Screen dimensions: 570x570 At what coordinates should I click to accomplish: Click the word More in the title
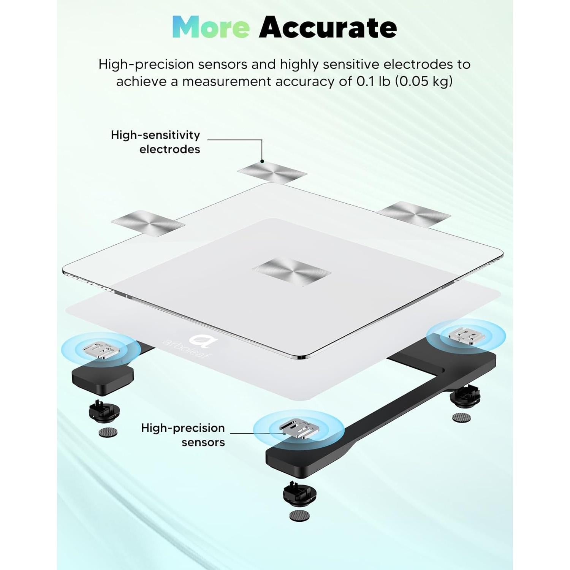pyautogui.click(x=211, y=27)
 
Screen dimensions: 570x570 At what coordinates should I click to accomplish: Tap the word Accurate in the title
pyautogui.click(x=328, y=27)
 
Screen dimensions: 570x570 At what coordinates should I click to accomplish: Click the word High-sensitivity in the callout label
pyautogui.click(x=155, y=135)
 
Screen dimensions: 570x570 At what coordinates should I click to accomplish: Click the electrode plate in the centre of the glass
pyautogui.click(x=291, y=272)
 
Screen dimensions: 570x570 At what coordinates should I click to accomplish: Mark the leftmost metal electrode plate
pyautogui.click(x=148, y=223)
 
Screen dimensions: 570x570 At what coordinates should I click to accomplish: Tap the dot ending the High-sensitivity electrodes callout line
pyautogui.click(x=262, y=161)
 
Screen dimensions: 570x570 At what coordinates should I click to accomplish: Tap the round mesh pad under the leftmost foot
pyautogui.click(x=108, y=432)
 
